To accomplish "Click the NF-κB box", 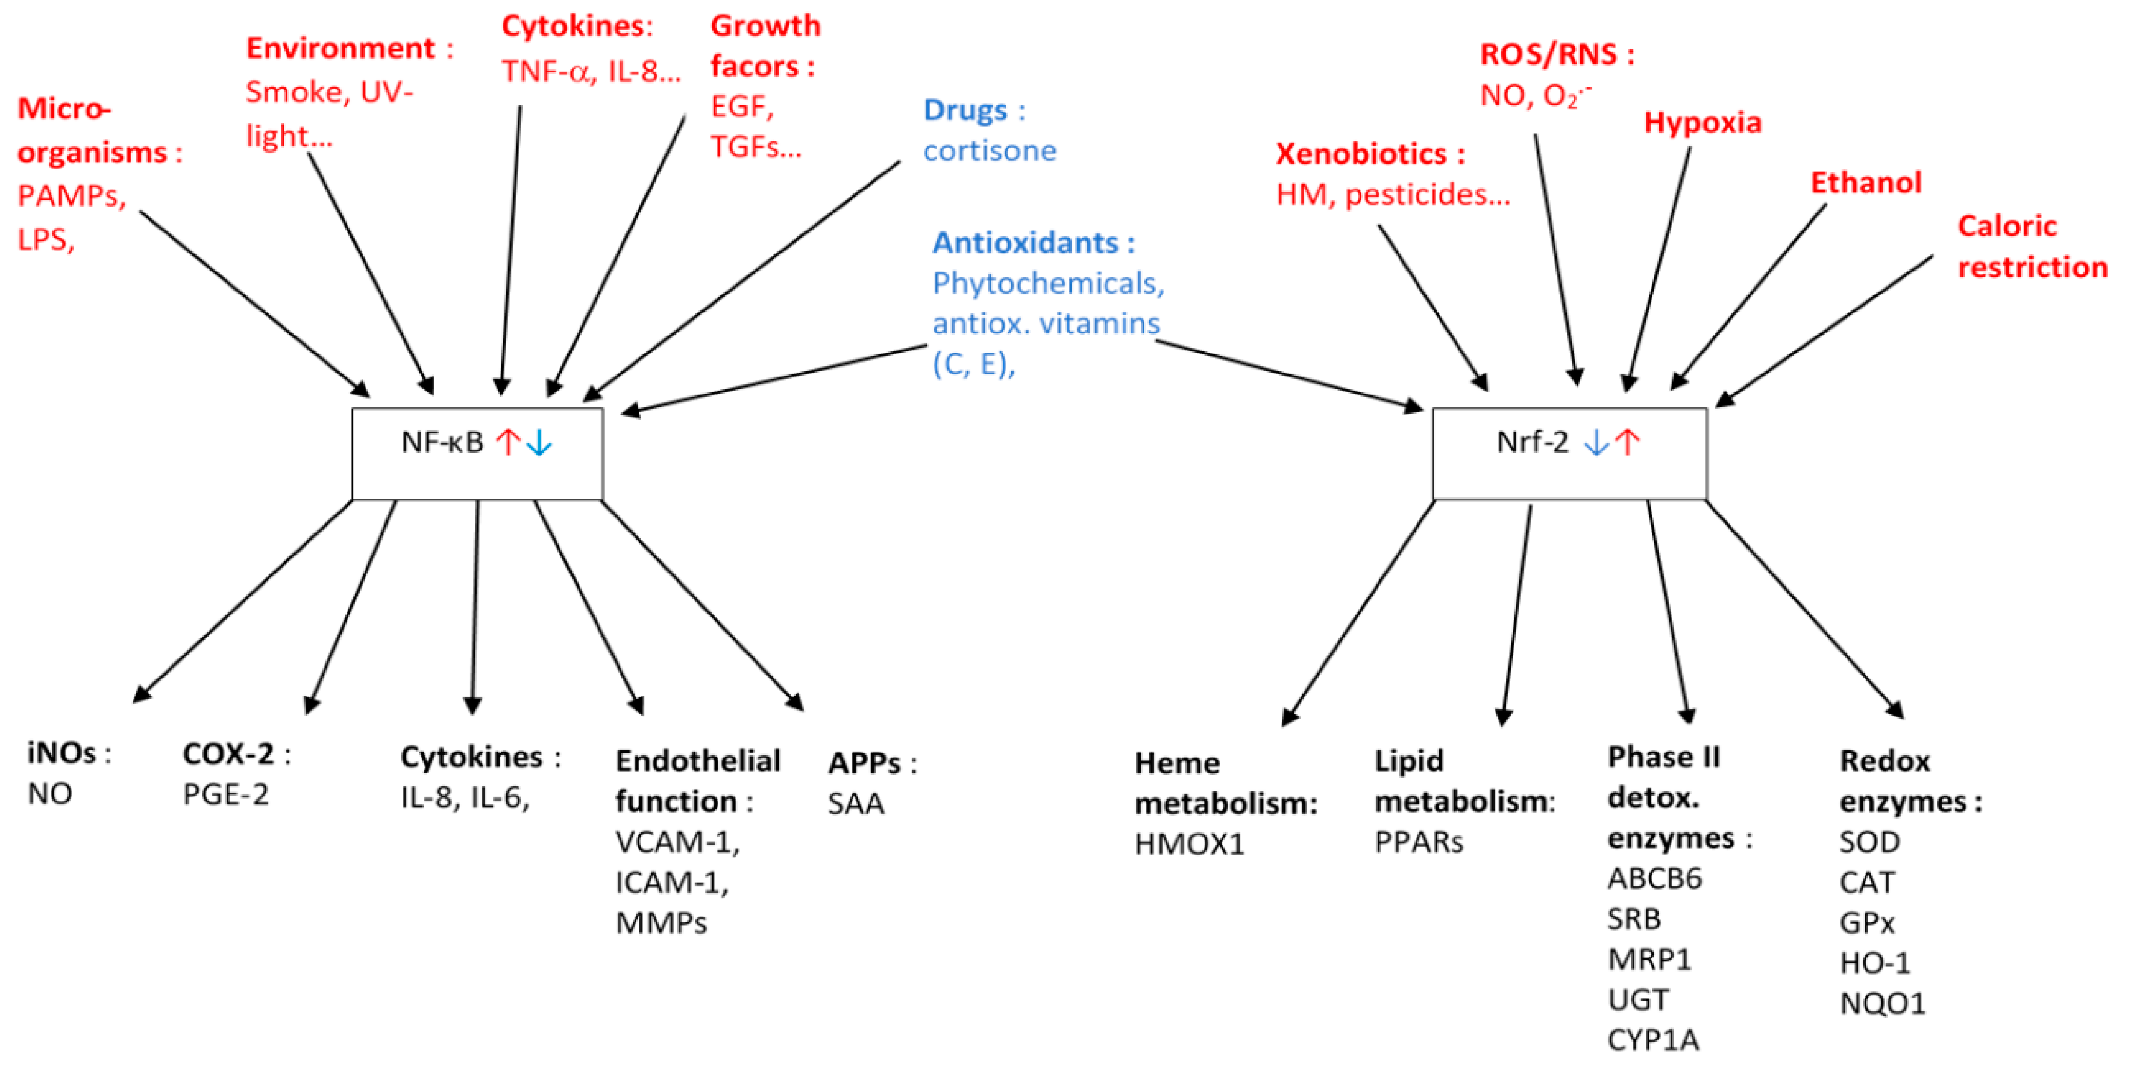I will pyautogui.click(x=477, y=453).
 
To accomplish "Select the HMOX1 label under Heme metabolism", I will pyautogui.click(x=1189, y=844).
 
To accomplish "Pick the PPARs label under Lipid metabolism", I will pyautogui.click(x=1418, y=842).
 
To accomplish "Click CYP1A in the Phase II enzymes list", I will pyautogui.click(x=1652, y=1039).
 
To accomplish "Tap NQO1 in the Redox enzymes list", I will pyautogui.click(x=1882, y=1004).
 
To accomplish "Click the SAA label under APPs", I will pyautogui.click(x=856, y=803).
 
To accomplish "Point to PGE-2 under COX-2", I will pyautogui.click(x=225, y=794).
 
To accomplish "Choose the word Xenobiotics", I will pyautogui.click(x=1360, y=154).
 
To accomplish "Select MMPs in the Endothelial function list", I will pyautogui.click(x=661, y=922).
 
